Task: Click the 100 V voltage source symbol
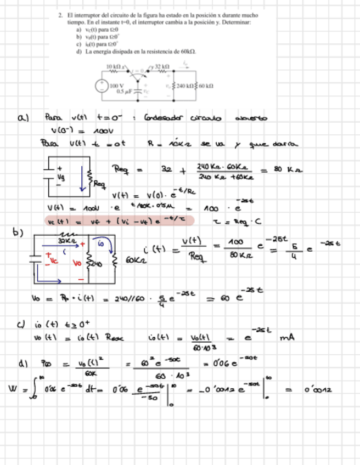(x=102, y=86)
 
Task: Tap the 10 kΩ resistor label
(x=115, y=66)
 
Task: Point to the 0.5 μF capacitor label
(x=123, y=92)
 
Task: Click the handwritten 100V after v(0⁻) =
(x=102, y=132)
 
